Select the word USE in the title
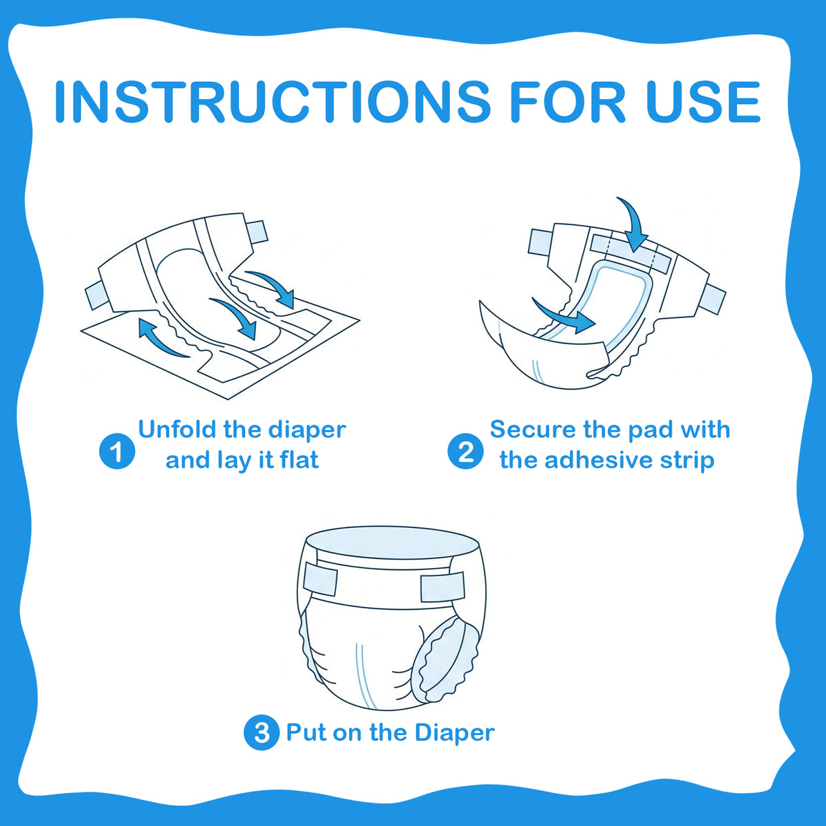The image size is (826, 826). click(x=703, y=101)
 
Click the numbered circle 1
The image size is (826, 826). click(x=117, y=452)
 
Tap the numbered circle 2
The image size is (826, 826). click(x=465, y=451)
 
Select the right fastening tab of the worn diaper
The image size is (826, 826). click(x=443, y=586)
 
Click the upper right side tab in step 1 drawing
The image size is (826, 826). click(x=257, y=233)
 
